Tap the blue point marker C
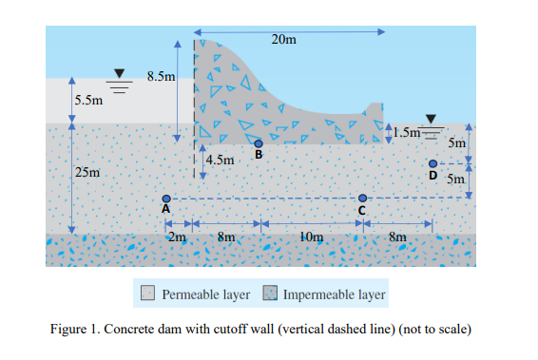tap(362, 198)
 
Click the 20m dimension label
tap(283, 39)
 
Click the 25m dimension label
tap(85, 172)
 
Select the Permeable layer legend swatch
tap(148, 294)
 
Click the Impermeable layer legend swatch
tap(269, 294)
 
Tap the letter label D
tap(433, 177)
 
